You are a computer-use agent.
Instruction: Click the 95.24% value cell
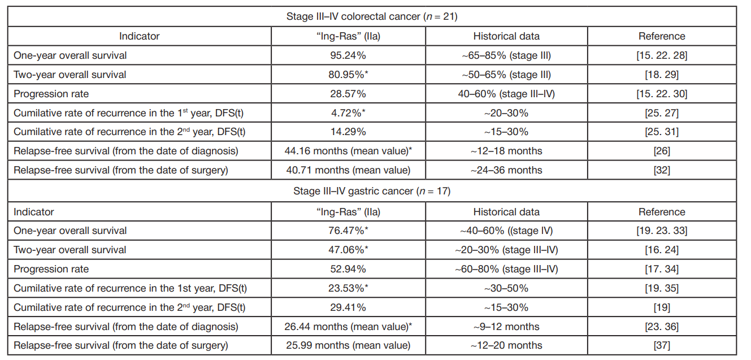point(348,55)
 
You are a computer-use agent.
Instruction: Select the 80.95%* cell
point(348,75)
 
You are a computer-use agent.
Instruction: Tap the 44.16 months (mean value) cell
point(348,151)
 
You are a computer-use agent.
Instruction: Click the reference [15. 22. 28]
point(662,55)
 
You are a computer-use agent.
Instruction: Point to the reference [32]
point(662,170)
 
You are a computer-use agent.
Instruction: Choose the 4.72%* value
point(348,113)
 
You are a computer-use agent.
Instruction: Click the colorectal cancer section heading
point(372,16)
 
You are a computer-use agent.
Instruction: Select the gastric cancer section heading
point(372,191)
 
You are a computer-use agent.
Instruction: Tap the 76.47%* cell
point(348,231)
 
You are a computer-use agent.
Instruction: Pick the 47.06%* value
point(348,250)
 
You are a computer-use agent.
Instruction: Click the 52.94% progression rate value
point(348,269)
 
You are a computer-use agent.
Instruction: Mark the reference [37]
point(662,345)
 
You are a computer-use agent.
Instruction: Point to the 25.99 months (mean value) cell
point(348,345)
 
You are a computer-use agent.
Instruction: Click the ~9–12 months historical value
point(506,327)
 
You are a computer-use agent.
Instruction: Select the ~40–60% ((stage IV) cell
point(506,231)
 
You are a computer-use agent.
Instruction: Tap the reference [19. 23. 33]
point(662,231)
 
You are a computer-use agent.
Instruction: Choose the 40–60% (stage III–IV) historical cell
point(506,94)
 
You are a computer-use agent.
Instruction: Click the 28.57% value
point(348,94)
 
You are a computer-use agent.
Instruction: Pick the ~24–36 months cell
point(506,170)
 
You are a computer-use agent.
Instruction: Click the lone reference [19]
point(662,307)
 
